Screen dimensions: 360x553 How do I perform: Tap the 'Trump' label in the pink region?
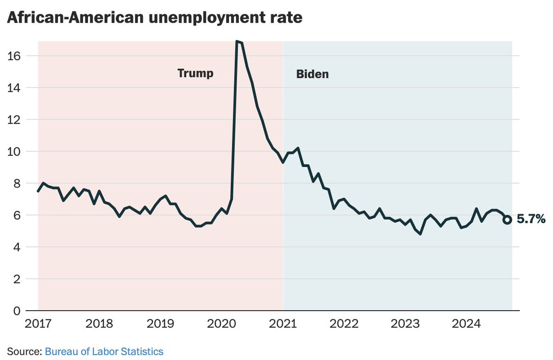coord(195,73)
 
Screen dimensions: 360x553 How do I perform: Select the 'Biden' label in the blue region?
coord(312,74)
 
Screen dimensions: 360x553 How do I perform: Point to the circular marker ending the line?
coord(507,220)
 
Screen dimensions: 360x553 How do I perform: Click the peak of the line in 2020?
coord(237,41)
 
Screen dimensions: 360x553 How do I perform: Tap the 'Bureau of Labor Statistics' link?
coord(104,351)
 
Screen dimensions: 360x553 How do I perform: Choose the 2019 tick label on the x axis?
coord(161,324)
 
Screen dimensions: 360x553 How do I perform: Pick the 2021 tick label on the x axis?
coord(283,324)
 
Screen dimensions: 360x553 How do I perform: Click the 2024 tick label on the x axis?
coord(466,324)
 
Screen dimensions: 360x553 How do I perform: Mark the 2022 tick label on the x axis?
coord(344,324)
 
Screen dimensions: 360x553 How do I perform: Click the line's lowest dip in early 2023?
coord(420,234)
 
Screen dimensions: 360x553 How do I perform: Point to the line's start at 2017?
coord(38,191)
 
